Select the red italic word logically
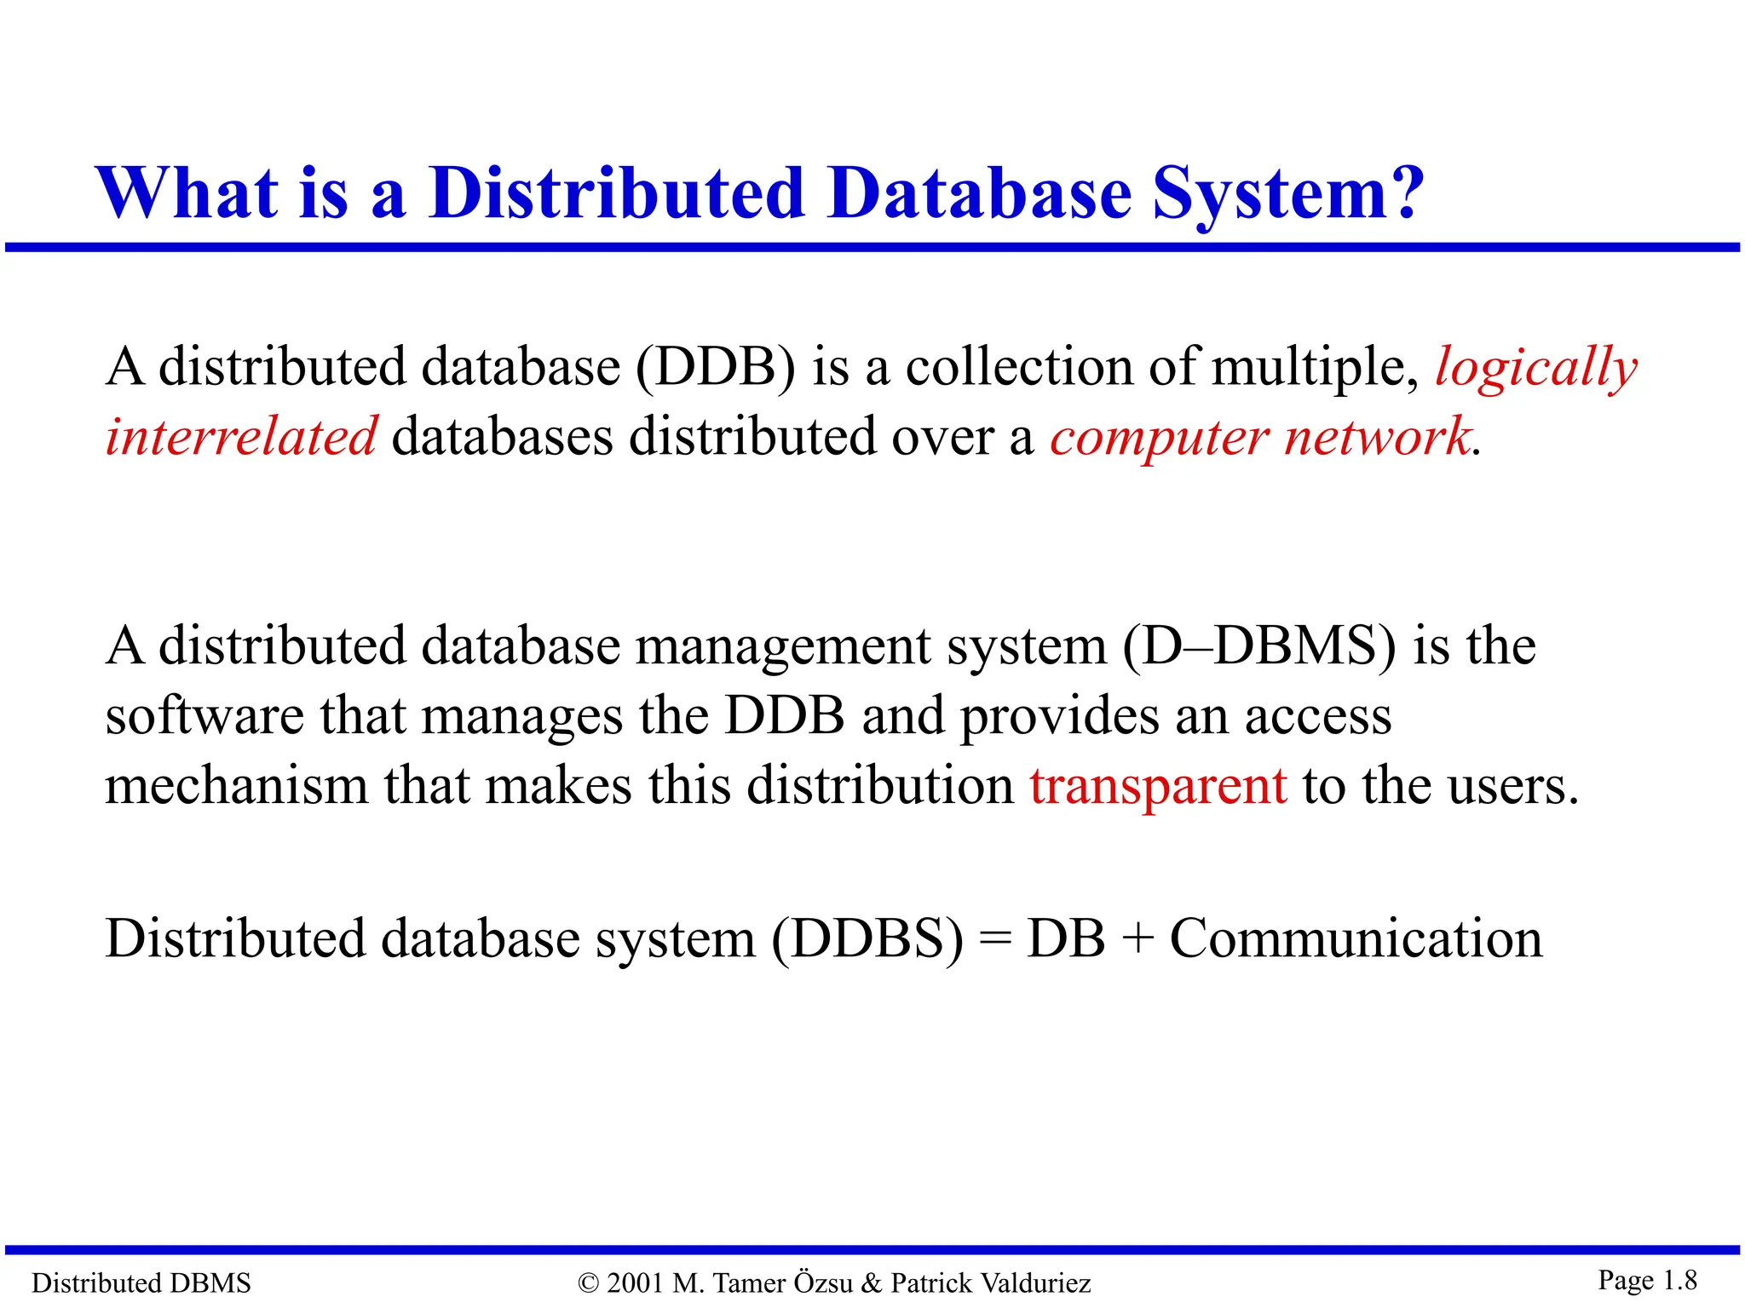coord(1535,369)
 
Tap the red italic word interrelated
coord(241,437)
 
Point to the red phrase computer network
coord(1259,438)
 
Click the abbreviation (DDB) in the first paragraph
coord(716,368)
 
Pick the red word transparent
coord(1158,785)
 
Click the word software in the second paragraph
coord(204,716)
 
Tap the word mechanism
coord(236,785)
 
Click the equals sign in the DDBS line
coord(993,940)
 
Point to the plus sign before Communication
coord(1137,940)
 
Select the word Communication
coord(1356,939)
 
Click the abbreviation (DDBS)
coord(867,940)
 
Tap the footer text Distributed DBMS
coord(141,1282)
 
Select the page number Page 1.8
coord(1647,1280)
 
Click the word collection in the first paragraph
coord(1019,368)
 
